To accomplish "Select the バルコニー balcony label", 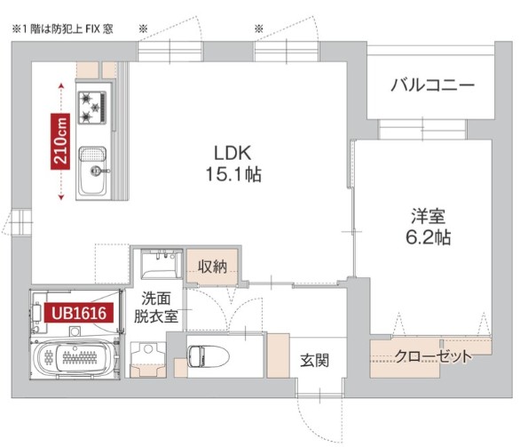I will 432,86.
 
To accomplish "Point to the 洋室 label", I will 427,216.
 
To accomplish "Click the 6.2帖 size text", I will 427,238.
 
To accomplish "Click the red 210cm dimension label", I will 60,141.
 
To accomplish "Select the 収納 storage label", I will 212,266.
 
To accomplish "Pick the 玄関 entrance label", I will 314,361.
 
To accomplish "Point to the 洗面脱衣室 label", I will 155,307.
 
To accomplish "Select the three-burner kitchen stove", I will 93,107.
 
